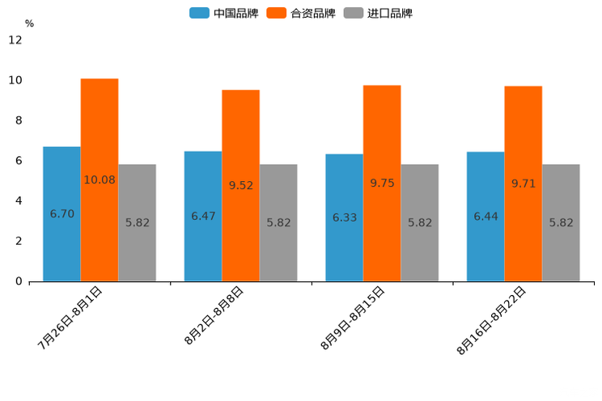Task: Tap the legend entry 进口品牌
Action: click(x=378, y=13)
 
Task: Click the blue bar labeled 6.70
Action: click(x=61, y=213)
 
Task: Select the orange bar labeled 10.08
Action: click(x=100, y=179)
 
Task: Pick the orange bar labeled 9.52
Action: click(x=240, y=185)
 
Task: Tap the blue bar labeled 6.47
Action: click(x=203, y=216)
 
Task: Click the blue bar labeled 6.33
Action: click(x=344, y=217)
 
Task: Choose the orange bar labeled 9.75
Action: click(x=382, y=183)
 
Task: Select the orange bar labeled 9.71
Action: click(x=524, y=184)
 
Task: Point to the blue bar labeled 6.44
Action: click(x=485, y=217)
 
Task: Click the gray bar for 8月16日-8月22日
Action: click(x=561, y=222)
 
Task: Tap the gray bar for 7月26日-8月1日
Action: click(x=137, y=222)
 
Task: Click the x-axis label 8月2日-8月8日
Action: click(x=214, y=316)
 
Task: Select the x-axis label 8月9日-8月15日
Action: click(x=353, y=318)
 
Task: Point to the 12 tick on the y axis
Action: click(x=15, y=40)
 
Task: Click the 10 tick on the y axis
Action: click(x=15, y=80)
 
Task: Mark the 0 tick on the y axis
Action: click(x=19, y=281)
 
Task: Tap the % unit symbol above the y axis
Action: click(x=29, y=24)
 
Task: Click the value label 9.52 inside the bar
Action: click(x=241, y=185)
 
